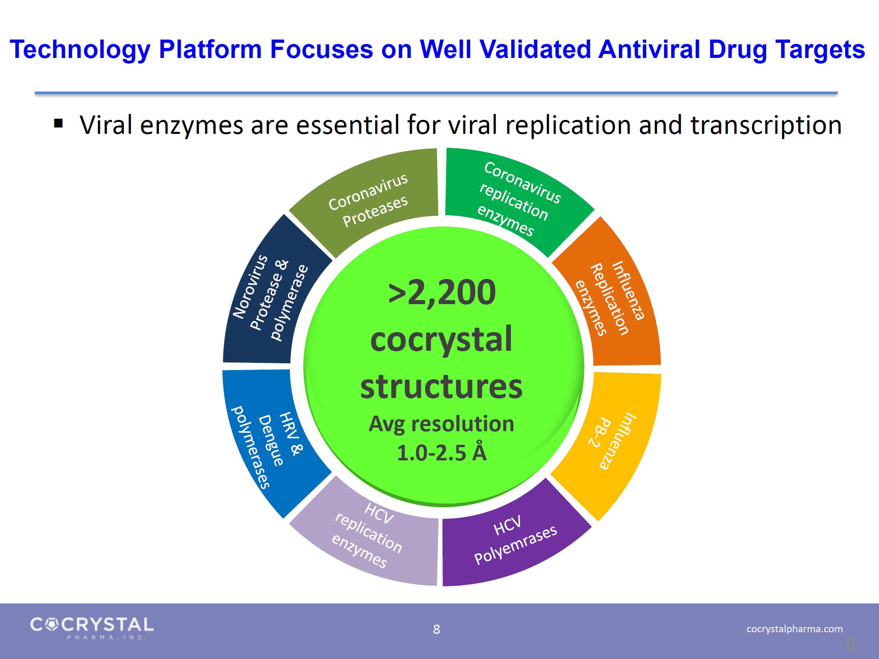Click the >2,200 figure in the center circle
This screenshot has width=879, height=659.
coord(442,293)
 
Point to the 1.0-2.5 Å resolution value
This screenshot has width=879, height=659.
coord(441,453)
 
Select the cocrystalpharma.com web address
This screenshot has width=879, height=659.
coord(794,629)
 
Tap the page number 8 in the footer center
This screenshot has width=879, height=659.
coord(436,629)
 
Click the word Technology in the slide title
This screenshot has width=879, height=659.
coord(80,50)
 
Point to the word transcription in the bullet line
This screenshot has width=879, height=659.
coord(766,125)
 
